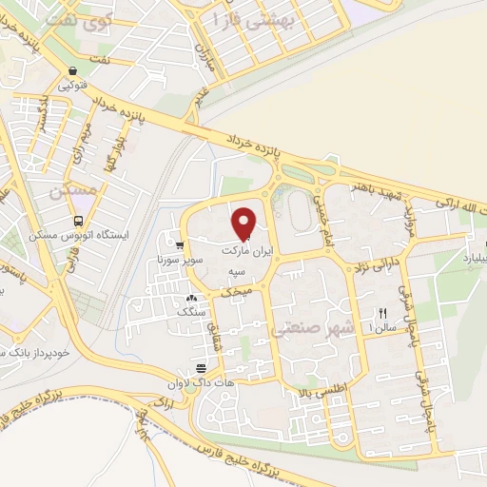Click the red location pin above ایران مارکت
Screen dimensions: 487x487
[245, 224]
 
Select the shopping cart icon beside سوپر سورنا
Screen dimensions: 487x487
[179, 245]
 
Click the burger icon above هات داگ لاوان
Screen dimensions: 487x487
[201, 368]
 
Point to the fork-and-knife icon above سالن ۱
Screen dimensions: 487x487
[382, 313]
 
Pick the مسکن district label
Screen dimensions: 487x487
[77, 190]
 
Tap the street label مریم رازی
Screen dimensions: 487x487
[86, 139]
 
